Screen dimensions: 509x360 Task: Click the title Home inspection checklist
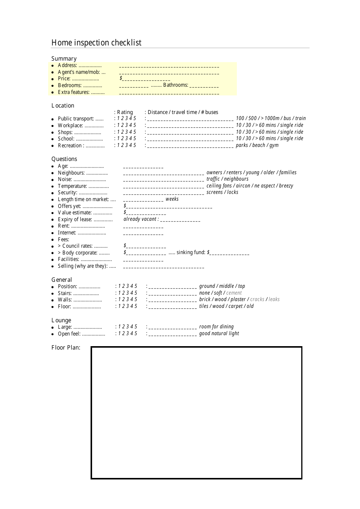click(96, 43)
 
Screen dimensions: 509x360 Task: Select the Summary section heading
click(64, 59)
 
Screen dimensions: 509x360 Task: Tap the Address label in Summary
click(67, 66)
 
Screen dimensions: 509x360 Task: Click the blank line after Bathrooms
click(204, 86)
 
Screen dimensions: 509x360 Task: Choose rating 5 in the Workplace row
click(135, 125)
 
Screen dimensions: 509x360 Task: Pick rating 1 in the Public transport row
click(118, 119)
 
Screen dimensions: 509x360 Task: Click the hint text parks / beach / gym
click(257, 145)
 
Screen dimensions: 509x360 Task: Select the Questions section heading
click(64, 159)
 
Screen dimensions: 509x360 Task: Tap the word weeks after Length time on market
click(172, 199)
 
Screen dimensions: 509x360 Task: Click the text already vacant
click(140, 219)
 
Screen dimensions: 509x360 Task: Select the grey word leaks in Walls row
click(274, 300)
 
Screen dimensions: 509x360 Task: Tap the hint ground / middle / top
click(222, 286)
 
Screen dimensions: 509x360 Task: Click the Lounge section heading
click(61, 320)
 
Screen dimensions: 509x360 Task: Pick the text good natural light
click(219, 334)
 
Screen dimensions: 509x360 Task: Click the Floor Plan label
click(66, 348)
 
